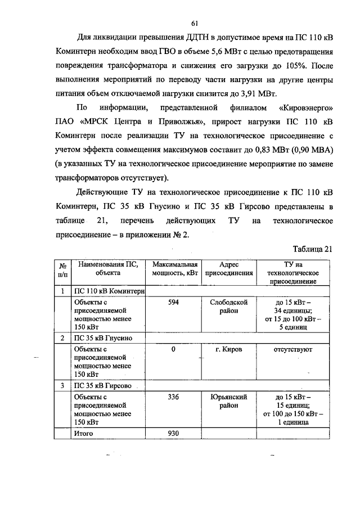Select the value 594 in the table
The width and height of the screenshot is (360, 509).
tap(174, 302)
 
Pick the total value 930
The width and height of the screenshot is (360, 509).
tap(174, 433)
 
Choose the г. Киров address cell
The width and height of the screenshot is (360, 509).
tap(229, 349)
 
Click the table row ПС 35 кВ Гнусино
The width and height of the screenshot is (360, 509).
tap(103, 338)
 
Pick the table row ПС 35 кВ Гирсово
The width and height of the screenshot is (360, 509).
tap(103, 386)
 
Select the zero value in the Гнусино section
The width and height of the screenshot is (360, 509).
tap(174, 349)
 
